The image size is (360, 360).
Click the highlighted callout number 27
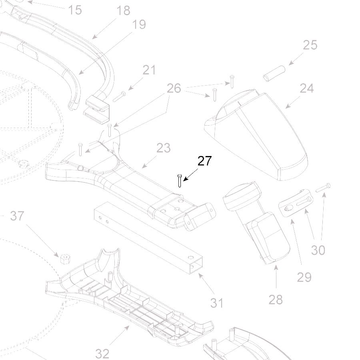[x=204, y=161]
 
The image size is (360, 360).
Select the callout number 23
[x=163, y=148]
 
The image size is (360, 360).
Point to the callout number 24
[x=306, y=88]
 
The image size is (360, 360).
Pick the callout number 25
[x=310, y=45]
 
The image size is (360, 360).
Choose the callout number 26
[x=174, y=88]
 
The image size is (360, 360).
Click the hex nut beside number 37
[x=63, y=258]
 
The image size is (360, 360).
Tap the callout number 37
[x=17, y=216]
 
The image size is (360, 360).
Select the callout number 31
[x=217, y=303]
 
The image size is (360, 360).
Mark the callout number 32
[x=102, y=353]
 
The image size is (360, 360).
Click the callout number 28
[x=275, y=299]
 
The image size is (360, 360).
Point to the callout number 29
[x=304, y=277]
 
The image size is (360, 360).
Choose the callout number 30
[x=318, y=250]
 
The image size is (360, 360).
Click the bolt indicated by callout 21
[x=120, y=96]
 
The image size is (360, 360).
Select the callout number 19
[x=139, y=24]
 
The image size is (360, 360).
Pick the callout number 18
[x=123, y=10]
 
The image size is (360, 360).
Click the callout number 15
[x=75, y=10]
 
